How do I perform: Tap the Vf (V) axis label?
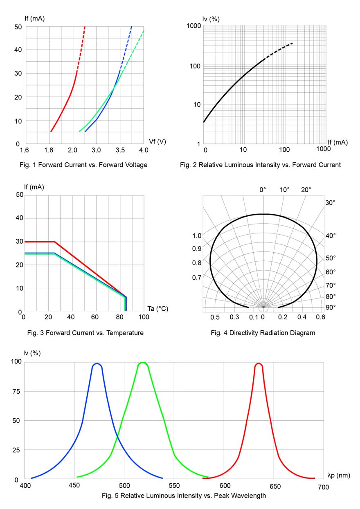coord(157,141)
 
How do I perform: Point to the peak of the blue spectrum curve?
coord(97,363)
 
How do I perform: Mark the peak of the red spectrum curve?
coord(259,363)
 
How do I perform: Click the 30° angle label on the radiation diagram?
coord(330,203)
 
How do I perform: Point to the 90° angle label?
coord(330,307)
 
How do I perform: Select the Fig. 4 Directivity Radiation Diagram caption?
coord(263,333)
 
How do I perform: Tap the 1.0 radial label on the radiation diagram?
coord(197,236)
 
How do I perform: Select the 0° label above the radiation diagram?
coord(263,190)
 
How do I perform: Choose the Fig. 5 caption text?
coord(184,496)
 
